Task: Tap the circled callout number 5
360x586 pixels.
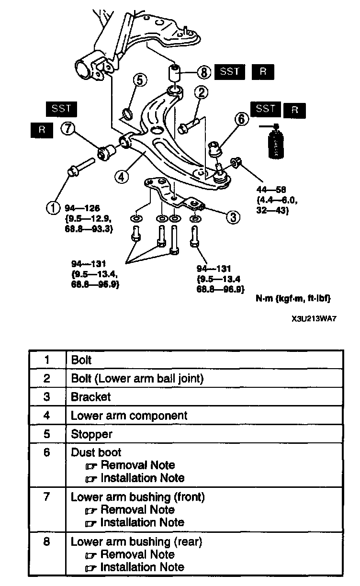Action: point(138,79)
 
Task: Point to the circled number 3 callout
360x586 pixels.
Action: point(232,217)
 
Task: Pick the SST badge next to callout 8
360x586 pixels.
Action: point(229,72)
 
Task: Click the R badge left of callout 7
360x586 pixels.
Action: point(43,131)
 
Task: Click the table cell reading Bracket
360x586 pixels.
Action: point(91,397)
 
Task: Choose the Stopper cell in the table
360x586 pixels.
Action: point(91,434)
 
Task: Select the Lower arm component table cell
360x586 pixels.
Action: point(129,416)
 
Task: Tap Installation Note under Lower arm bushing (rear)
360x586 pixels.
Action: point(142,567)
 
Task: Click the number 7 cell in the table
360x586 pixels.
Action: point(46,497)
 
